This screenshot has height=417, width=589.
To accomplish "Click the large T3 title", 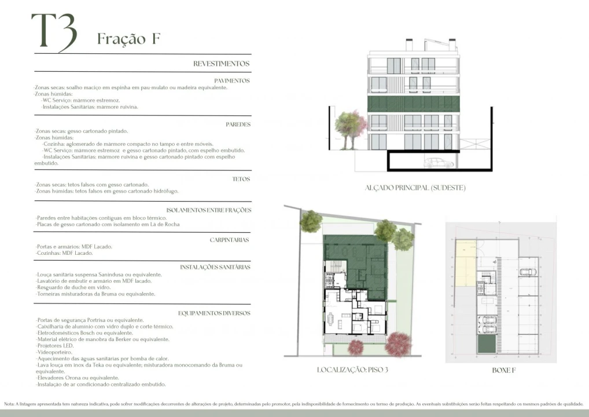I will tap(53, 32).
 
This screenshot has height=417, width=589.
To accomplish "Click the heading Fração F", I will tap(128, 39).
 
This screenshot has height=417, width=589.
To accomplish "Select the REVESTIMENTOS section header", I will tap(221, 64).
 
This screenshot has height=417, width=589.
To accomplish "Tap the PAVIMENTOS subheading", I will tap(231, 81).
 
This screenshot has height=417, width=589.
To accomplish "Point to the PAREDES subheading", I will tap(238, 125).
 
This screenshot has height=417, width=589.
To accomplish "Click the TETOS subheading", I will tap(241, 179).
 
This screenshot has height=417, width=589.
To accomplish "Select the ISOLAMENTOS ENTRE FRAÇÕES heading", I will tap(208, 210).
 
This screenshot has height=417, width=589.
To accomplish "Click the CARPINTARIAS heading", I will tap(229, 239).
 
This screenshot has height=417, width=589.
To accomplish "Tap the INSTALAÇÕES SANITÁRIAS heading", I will tap(215, 267).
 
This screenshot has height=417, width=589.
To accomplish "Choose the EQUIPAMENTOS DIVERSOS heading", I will tap(214, 313).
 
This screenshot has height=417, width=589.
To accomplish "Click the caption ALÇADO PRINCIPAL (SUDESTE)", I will tap(415, 188).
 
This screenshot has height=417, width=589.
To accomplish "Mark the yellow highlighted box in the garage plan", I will tap(464, 264).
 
